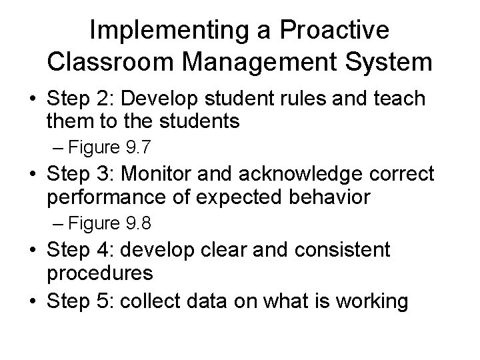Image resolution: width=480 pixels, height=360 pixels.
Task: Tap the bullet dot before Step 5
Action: pyautogui.click(x=32, y=302)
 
